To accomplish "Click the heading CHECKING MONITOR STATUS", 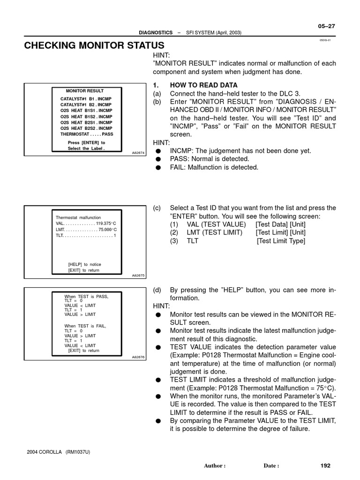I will pyautogui.click(x=94, y=45).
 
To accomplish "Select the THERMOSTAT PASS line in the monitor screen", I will pyautogui.click(x=87, y=134).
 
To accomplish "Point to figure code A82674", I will pyautogui.click(x=139, y=152).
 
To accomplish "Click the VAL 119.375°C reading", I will pyautogui.click(x=86, y=224).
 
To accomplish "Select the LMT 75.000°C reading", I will pyautogui.click(x=86, y=230).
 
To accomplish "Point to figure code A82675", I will pyautogui.click(x=139, y=276).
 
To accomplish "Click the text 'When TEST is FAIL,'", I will pyautogui.click(x=85, y=326).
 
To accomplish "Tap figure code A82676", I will pyautogui.click(x=139, y=357).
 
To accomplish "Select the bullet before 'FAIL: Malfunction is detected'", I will pyautogui.click(x=159, y=168).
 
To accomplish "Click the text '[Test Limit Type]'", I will pyautogui.click(x=281, y=241).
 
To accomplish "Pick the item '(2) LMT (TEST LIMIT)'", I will pyautogui.click(x=206, y=232).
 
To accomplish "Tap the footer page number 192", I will pyautogui.click(x=325, y=465).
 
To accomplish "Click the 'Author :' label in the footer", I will pyautogui.click(x=215, y=466).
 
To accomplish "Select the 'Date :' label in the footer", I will pyautogui.click(x=271, y=466).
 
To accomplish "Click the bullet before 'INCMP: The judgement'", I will pyautogui.click(x=159, y=151).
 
